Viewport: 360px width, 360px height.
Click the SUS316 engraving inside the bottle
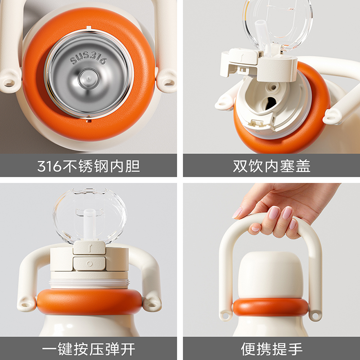pos(88,58)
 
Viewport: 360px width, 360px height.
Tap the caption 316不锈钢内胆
pos(88,166)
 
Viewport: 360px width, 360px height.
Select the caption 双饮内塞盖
pos(271,166)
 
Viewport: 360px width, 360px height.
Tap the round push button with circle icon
pos(89,264)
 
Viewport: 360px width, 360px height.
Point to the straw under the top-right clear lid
pos(262,35)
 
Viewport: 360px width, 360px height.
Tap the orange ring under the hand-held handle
pos(271,307)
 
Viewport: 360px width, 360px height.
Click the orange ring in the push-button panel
pos(90,301)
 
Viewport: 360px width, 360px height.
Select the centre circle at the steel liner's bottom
pos(89,78)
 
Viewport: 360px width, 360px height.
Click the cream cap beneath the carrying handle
pos(270,275)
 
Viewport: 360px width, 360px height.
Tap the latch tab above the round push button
pos(89,247)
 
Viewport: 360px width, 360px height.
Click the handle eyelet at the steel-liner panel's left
pos(9,82)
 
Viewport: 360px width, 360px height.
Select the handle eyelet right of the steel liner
pos(167,82)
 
